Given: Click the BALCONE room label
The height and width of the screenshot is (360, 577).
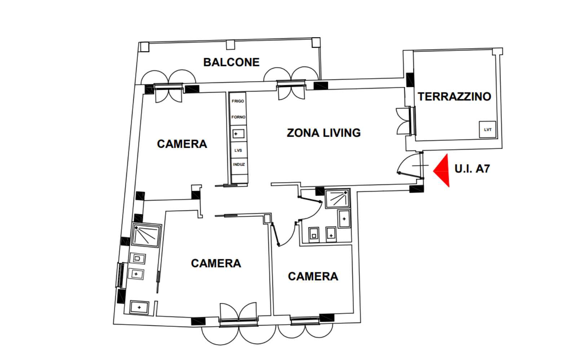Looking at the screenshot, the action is [231, 62].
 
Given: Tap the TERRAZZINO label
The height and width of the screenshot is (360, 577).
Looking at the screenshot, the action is [454, 97].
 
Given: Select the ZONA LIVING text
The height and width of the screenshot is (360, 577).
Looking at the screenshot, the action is [324, 133].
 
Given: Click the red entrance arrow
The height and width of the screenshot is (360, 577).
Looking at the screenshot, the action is [441, 170].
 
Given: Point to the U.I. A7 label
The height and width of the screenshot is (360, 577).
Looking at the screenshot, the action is [472, 169].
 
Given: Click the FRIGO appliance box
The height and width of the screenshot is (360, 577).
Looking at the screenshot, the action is [238, 101].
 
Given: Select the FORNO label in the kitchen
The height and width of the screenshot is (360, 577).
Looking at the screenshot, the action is [238, 117].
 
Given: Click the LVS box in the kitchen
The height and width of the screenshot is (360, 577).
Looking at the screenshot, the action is [238, 150].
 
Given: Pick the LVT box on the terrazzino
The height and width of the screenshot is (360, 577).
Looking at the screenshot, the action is [487, 129].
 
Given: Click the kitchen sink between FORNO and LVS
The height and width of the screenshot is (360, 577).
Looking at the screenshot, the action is [238, 134].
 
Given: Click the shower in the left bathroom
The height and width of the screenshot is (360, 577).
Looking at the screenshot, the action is [146, 235].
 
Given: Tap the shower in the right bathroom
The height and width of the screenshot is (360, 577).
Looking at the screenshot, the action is [337, 198].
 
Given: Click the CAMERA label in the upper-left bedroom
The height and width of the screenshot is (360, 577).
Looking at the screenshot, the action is [182, 144].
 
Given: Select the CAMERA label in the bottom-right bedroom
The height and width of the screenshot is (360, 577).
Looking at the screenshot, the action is [313, 277].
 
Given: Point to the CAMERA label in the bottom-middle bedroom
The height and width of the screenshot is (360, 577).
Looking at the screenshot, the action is [216, 263].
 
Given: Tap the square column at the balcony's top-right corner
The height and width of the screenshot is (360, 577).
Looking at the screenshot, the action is [316, 43].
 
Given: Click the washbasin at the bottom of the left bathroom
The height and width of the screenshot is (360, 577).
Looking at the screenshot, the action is [139, 307].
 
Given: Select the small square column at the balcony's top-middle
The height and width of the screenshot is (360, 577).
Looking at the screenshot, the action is [230, 45].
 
